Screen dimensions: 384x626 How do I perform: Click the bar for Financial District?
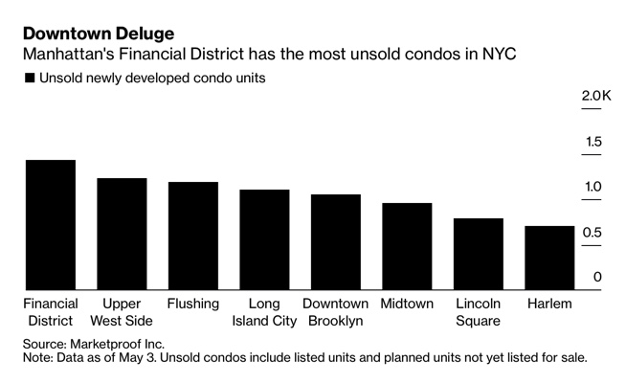click(x=50, y=224)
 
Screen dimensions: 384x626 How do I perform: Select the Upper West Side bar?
click(x=122, y=234)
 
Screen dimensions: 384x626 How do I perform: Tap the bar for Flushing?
click(x=192, y=236)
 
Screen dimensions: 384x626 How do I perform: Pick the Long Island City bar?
click(x=264, y=239)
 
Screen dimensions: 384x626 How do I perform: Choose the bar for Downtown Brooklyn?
click(x=335, y=241)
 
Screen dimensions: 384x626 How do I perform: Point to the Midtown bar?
click(x=407, y=246)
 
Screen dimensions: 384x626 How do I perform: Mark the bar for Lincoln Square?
click(x=478, y=254)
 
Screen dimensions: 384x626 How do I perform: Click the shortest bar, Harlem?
click(x=549, y=258)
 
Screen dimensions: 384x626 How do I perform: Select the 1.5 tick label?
click(x=593, y=142)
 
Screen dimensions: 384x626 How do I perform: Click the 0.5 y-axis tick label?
click(x=593, y=232)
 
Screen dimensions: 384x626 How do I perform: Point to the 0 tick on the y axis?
click(x=597, y=277)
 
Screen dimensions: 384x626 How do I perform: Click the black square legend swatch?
click(x=30, y=78)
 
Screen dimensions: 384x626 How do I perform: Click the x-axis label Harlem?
click(x=549, y=304)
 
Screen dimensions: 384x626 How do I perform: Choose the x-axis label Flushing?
click(x=193, y=304)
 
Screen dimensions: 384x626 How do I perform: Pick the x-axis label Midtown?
click(x=407, y=304)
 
